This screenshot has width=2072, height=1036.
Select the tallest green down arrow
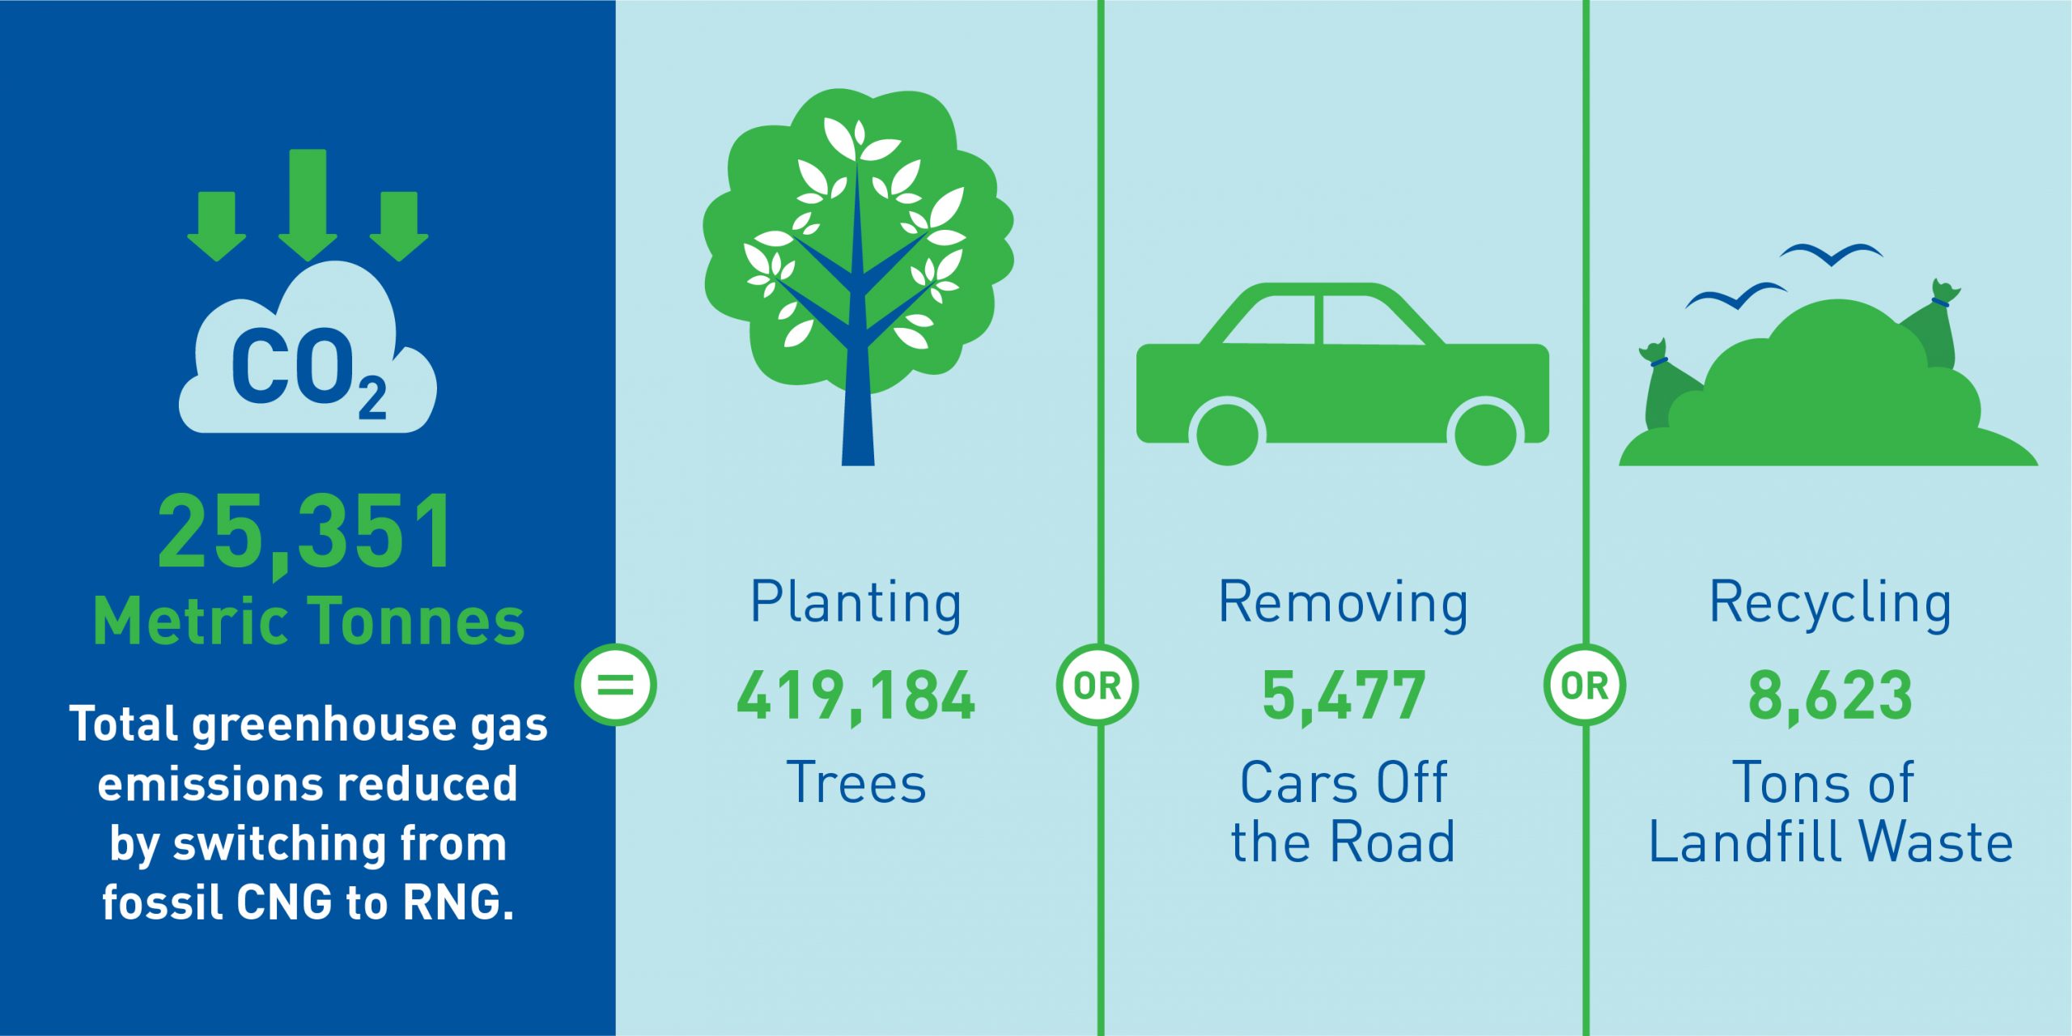coord(308,206)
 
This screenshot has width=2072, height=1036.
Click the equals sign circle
coord(615,685)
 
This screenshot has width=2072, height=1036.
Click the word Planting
coord(856,604)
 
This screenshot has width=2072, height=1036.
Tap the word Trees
coord(856,783)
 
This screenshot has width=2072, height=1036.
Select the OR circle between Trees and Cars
coord(1098,685)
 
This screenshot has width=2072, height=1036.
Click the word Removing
coord(1344,604)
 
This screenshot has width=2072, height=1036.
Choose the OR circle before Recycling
coord(1585,685)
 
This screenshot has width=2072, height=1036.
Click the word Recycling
coord(1830,604)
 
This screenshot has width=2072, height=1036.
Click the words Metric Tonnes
coord(309,622)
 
